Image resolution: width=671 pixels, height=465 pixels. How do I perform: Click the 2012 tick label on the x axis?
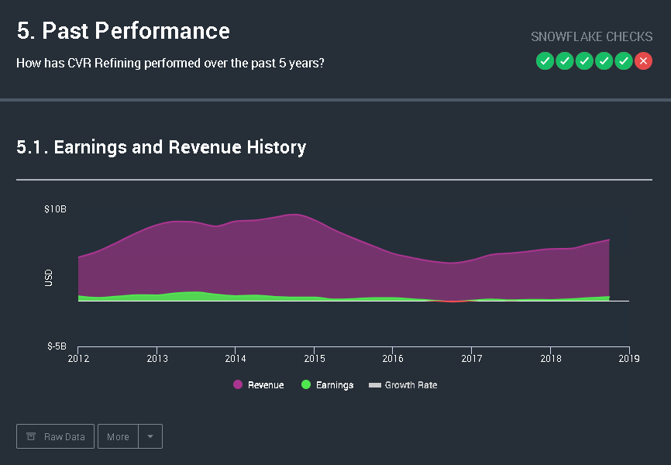(78, 359)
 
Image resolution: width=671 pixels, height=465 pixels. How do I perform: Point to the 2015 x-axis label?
(314, 359)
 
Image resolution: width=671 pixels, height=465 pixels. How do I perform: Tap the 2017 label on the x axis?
(471, 359)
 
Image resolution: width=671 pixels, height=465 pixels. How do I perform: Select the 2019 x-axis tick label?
(628, 359)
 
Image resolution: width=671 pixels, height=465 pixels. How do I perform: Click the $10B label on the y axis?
(55, 209)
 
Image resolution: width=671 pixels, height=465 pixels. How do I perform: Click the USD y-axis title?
(49, 277)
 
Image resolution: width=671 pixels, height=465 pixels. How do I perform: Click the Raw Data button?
(56, 436)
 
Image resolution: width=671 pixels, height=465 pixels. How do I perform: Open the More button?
(118, 436)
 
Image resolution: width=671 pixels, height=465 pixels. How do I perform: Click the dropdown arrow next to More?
(150, 436)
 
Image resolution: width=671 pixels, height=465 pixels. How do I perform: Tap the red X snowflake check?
(643, 61)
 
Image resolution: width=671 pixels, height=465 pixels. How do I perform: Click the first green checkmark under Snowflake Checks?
(545, 61)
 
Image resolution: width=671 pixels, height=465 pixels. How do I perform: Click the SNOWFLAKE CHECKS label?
(591, 37)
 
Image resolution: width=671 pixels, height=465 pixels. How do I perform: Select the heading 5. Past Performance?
(123, 31)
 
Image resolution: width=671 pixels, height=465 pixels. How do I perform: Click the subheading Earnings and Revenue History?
(161, 146)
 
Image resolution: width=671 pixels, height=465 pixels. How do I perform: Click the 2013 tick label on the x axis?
(157, 359)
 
